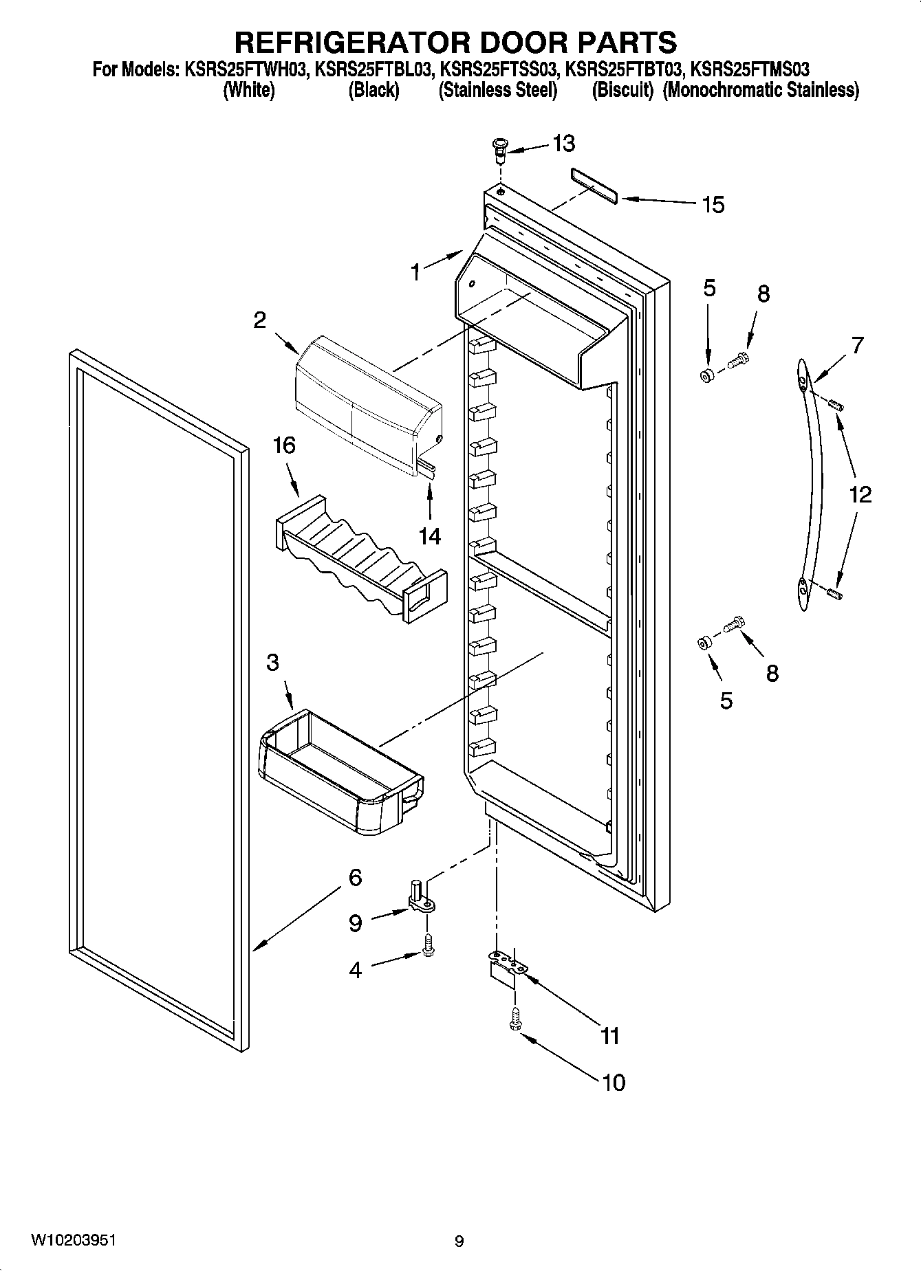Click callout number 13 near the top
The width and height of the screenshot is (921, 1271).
[x=563, y=144]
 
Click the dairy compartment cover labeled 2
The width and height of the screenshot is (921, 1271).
[x=365, y=406]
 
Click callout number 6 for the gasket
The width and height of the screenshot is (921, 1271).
[x=355, y=878]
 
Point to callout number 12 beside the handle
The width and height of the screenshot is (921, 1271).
[x=860, y=494]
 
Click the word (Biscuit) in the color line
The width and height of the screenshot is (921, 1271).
[x=622, y=90]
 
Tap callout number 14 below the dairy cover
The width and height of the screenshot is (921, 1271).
[x=430, y=535]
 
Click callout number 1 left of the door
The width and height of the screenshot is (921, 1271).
[x=415, y=272]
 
